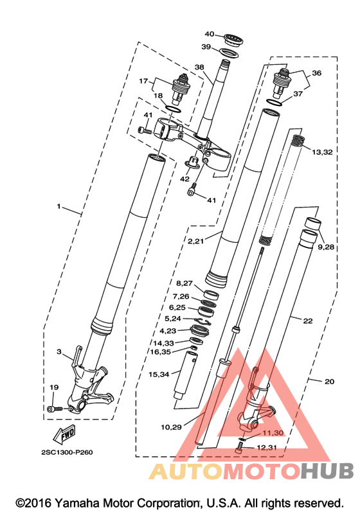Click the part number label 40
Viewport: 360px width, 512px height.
[x=210, y=34]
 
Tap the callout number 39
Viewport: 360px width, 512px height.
[x=206, y=47]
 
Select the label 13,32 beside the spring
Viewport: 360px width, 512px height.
[x=322, y=152]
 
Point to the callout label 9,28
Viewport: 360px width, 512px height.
[x=326, y=247]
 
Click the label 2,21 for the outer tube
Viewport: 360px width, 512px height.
[x=195, y=242]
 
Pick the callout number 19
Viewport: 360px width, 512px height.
[x=54, y=387]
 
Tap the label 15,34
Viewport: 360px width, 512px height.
[x=159, y=375]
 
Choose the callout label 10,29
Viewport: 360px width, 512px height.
[x=171, y=427]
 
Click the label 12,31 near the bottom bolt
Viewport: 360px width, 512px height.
[x=267, y=448]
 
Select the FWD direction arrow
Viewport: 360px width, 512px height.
[x=64, y=434]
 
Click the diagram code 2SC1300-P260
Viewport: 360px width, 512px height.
[x=67, y=452]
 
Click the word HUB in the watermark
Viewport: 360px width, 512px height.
[x=327, y=471]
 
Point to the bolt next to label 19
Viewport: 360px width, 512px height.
[x=55, y=409]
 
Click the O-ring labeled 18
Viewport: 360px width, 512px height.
[x=173, y=109]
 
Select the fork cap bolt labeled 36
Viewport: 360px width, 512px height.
[x=282, y=83]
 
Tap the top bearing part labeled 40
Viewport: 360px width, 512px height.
[x=233, y=40]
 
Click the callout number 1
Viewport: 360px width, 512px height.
[x=59, y=206]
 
